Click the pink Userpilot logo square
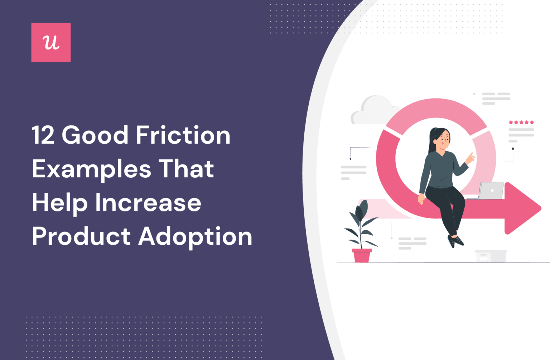(51, 43)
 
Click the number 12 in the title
(43, 135)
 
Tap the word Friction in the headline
(183, 135)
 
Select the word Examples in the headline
(92, 169)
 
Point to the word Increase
(148, 203)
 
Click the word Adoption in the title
(195, 236)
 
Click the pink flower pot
(362, 255)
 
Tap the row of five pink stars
(521, 123)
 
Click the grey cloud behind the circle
(372, 109)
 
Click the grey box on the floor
(491, 256)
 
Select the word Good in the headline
(95, 135)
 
